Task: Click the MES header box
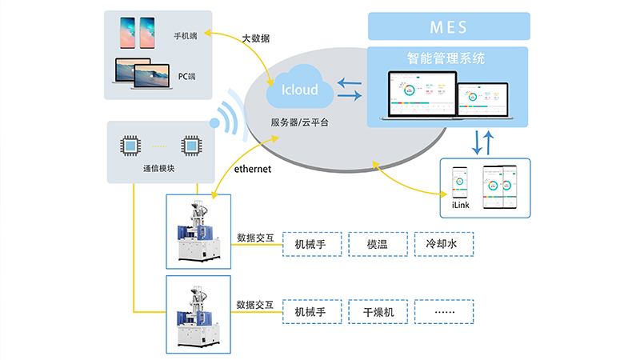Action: (x=449, y=26)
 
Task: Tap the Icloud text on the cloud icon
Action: (x=300, y=89)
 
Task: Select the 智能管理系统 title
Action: (x=449, y=58)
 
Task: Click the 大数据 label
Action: (x=256, y=37)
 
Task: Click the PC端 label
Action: (x=187, y=76)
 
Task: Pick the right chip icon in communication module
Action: (x=190, y=146)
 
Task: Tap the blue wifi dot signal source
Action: (x=214, y=123)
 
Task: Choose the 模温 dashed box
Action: (x=378, y=244)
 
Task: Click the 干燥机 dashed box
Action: (x=378, y=311)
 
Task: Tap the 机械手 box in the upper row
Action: (x=312, y=244)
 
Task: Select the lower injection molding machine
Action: (x=198, y=314)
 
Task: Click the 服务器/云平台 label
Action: (x=299, y=122)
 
